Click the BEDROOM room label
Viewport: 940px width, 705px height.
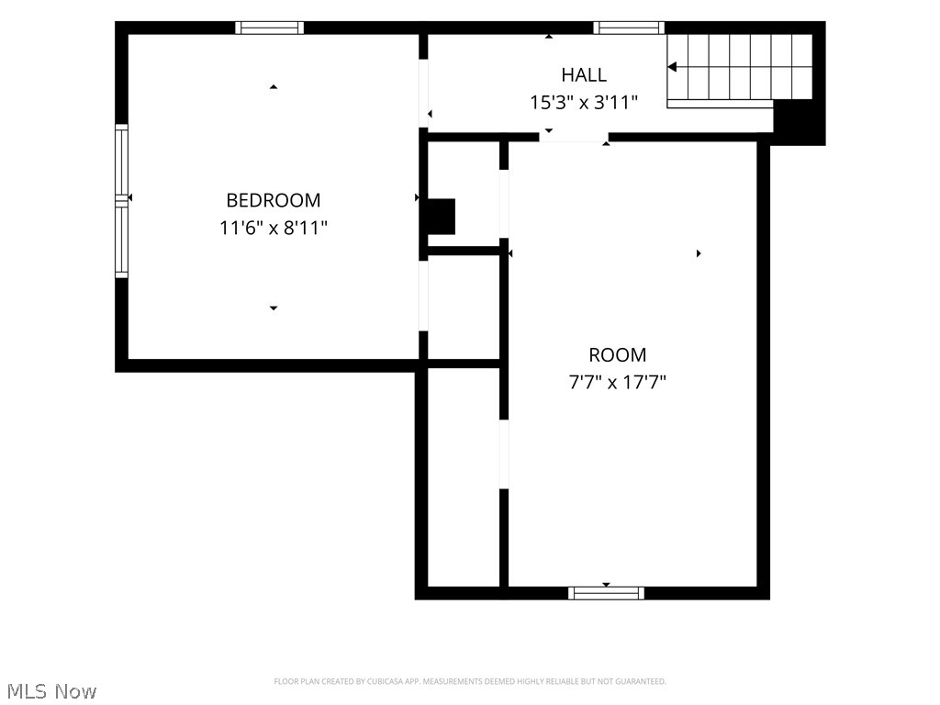click(x=274, y=199)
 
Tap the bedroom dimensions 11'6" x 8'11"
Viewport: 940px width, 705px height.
click(x=274, y=228)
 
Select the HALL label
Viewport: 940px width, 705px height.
click(x=584, y=75)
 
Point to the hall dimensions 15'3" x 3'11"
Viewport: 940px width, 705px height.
click(x=583, y=103)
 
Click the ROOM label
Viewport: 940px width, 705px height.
click(x=618, y=355)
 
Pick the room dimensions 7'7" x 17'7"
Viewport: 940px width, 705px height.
click(x=618, y=382)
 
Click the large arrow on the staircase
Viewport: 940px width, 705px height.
click(x=673, y=66)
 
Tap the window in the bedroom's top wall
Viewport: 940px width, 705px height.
click(x=269, y=28)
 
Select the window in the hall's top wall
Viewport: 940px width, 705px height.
click(x=629, y=28)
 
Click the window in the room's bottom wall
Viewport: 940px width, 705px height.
click(x=606, y=594)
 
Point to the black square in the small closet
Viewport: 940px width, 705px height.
click(x=442, y=217)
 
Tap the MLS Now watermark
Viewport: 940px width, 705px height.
click(x=51, y=691)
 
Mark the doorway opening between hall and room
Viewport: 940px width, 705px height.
click(x=574, y=138)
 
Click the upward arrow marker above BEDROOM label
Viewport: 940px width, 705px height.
click(x=274, y=87)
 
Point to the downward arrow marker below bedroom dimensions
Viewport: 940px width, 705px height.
click(x=274, y=308)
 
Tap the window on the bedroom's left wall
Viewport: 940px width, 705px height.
click(x=122, y=201)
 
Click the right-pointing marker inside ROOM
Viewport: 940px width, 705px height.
click(x=699, y=253)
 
